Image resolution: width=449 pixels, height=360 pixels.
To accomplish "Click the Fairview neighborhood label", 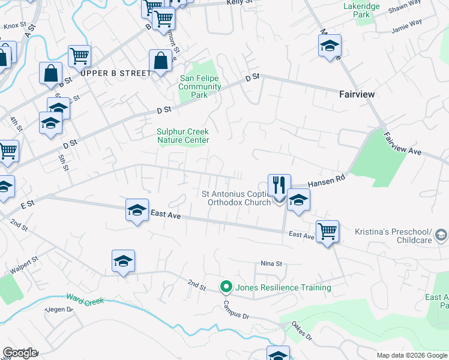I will (x=357, y=94).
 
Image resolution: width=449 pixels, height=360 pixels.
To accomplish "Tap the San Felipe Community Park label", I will (x=200, y=86).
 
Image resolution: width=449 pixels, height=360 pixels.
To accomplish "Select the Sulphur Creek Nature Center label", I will (x=183, y=136).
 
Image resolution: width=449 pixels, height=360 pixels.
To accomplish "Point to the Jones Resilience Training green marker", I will (x=226, y=287).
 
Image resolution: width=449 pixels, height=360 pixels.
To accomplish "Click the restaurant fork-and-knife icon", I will (x=279, y=184).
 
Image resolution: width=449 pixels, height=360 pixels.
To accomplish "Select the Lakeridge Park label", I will (x=361, y=10).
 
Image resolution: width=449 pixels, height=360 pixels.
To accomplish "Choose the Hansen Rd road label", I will (x=327, y=181).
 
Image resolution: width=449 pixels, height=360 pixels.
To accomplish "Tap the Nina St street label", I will (x=271, y=263).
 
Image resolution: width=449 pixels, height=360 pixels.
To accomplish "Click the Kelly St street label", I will (x=238, y=3).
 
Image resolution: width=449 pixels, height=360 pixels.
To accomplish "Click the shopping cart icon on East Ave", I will (x=327, y=230).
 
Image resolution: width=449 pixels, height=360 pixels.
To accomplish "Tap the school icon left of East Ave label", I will (x=137, y=210).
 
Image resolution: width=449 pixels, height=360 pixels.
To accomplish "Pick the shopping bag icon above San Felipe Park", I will (x=160, y=61).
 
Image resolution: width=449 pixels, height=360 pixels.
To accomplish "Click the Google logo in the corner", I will (x=19, y=353).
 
